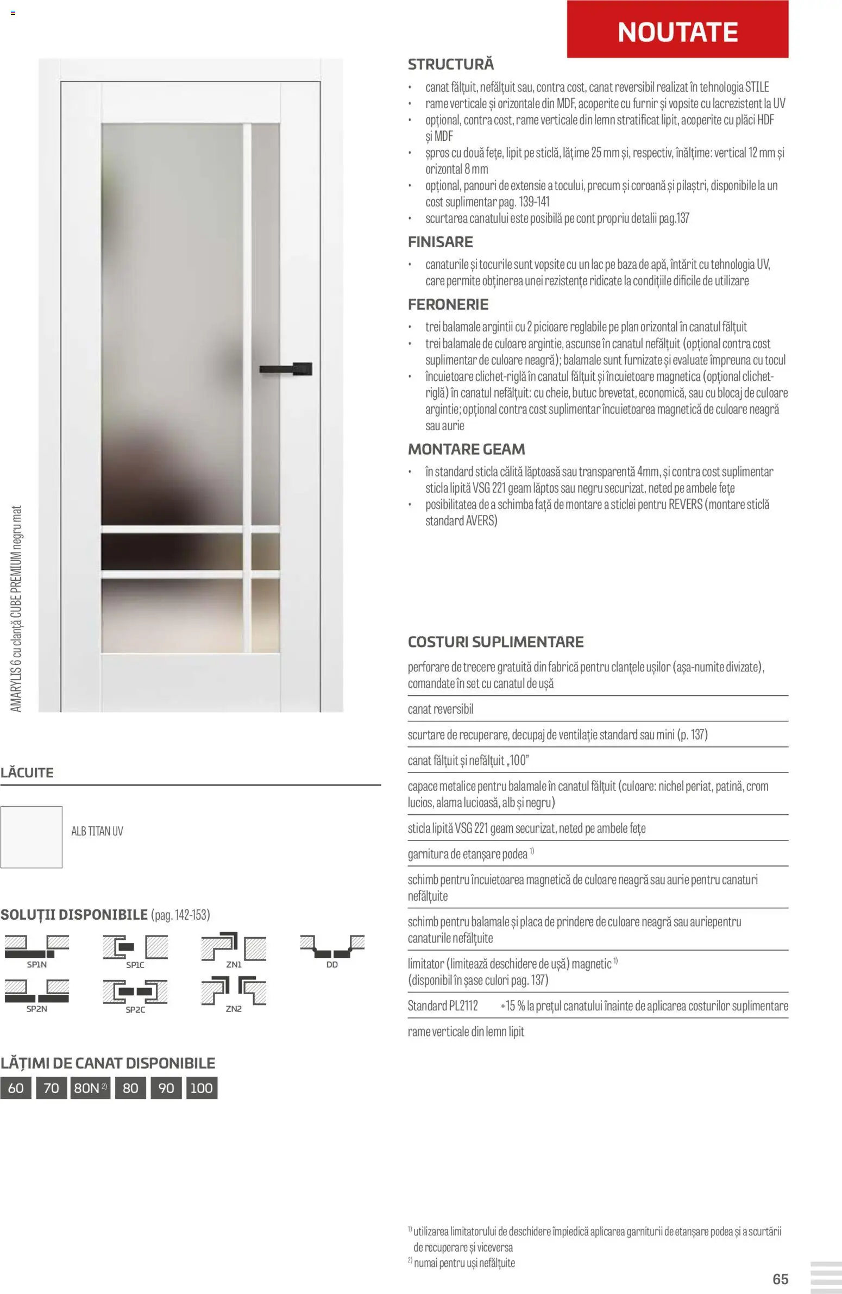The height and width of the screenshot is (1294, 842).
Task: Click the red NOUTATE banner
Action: (677, 30)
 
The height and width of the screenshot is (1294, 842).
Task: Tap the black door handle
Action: (286, 369)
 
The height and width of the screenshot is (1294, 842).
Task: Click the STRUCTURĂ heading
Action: (451, 64)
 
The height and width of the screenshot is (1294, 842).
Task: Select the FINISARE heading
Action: (441, 242)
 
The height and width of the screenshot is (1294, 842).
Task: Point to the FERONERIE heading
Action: (448, 304)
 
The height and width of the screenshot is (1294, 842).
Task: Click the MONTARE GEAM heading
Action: (467, 449)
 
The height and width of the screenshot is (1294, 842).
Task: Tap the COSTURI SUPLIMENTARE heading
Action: (495, 642)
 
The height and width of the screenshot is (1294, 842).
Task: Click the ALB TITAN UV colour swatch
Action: (32, 837)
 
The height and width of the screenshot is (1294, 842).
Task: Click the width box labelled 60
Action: (16, 1088)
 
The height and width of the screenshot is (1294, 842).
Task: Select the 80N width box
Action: (90, 1088)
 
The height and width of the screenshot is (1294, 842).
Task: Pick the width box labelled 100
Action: (202, 1088)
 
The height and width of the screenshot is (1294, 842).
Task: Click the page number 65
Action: (780, 1279)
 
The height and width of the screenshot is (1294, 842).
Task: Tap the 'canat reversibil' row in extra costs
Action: (441, 709)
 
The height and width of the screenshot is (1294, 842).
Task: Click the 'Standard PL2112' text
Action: (443, 1006)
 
